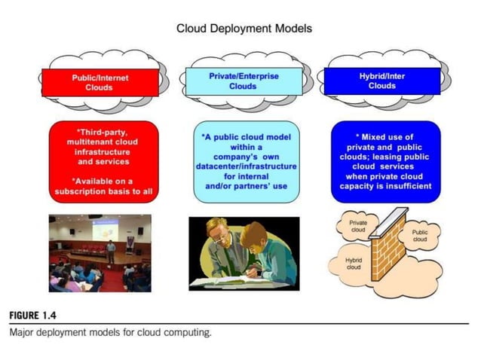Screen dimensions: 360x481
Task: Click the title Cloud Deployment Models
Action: point(244,29)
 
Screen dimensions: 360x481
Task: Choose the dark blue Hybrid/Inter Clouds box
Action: point(381,81)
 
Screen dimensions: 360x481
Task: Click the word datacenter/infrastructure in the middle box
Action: point(246,166)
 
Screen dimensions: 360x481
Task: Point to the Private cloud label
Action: point(359,227)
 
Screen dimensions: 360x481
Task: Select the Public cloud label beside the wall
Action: point(420,236)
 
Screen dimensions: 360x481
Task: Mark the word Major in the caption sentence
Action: point(22,332)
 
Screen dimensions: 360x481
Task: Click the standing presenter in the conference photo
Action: point(111,252)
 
